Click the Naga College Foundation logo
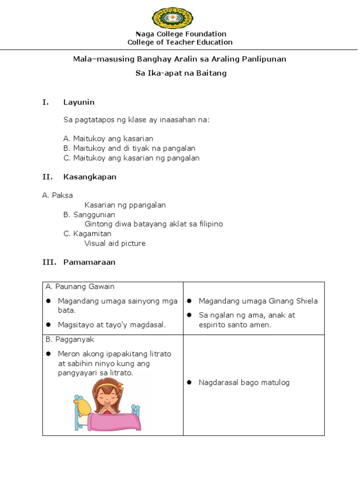(x=172, y=17)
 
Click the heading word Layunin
(x=79, y=102)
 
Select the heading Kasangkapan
(x=90, y=177)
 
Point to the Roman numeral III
(x=49, y=262)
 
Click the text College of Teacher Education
(x=180, y=42)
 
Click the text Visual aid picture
(x=115, y=243)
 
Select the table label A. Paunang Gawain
(x=80, y=286)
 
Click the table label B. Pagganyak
(x=70, y=339)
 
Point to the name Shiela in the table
(x=306, y=301)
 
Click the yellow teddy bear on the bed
(x=83, y=407)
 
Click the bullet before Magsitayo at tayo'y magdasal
(x=49, y=325)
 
